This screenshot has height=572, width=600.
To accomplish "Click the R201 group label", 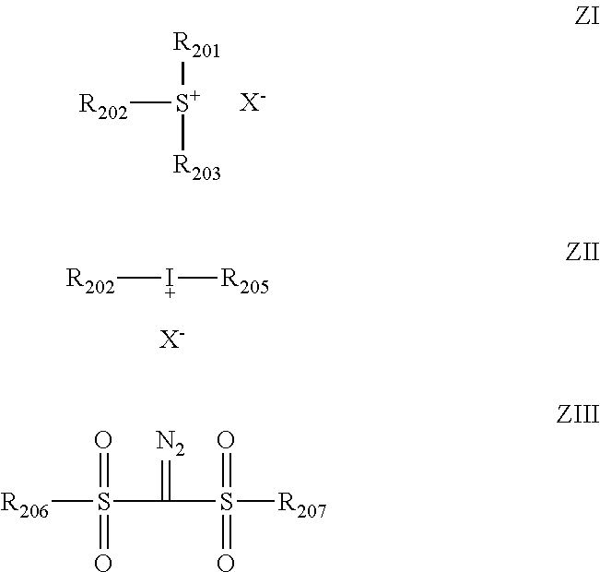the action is pos(196,45).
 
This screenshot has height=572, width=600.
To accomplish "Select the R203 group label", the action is pos(196,167).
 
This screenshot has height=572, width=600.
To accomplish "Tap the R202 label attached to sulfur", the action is pos(103,106).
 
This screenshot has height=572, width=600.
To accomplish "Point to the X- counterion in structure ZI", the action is pos(253,102).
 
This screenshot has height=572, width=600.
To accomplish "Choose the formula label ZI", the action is pos(587,17).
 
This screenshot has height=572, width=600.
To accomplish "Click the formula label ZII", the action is pos(582,252).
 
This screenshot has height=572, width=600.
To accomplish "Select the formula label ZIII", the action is pos(578,414).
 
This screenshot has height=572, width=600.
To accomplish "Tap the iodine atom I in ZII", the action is pos(170,278).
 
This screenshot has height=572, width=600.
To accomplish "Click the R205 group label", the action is pos(245,280).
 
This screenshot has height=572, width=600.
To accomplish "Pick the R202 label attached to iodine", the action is pos(90,280).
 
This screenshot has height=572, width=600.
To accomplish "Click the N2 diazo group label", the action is pos(171,443).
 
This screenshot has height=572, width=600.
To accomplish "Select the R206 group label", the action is pos(25,505).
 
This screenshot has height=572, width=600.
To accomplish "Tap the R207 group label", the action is pos(302,505).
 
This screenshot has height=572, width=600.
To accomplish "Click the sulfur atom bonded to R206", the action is pos(104,501).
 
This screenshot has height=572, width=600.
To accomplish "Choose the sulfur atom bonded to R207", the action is pos(226,501).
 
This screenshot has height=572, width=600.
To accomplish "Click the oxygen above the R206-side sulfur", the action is pos(103,440).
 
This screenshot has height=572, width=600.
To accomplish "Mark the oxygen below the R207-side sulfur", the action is pos(226,563).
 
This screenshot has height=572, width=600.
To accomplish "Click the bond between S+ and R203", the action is pos(182,132).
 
